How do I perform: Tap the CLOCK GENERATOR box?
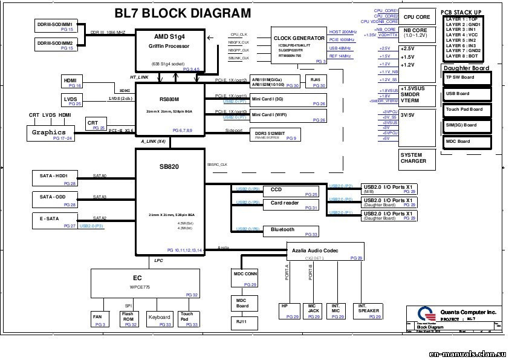(x=299, y=46)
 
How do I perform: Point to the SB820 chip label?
(x=169, y=166)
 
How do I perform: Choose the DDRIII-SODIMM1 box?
(x=55, y=25)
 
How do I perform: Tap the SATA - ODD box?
(x=55, y=200)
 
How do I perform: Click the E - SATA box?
(x=55, y=221)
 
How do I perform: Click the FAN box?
(x=99, y=319)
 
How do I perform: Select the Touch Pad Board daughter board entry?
(x=467, y=110)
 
